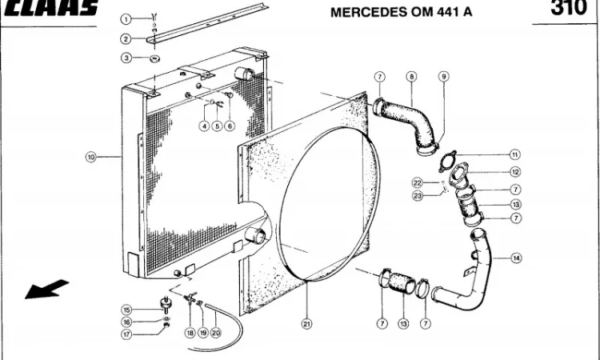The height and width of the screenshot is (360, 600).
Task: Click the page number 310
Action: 569,8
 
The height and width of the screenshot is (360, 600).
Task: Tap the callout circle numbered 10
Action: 90,158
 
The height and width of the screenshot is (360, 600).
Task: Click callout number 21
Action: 306,324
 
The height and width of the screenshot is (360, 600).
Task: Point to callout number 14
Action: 516,258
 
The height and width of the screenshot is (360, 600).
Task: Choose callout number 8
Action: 411,77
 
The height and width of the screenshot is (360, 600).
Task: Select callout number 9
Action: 443,77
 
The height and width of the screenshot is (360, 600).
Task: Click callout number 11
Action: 515,154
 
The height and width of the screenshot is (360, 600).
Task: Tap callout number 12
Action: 515,172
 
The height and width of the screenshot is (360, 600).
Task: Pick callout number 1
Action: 126,18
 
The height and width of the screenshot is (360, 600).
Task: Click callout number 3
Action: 126,58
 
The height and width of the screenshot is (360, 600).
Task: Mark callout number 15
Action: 126,310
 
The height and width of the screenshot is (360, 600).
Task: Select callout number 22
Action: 417,183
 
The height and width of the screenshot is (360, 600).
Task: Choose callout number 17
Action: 126,334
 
